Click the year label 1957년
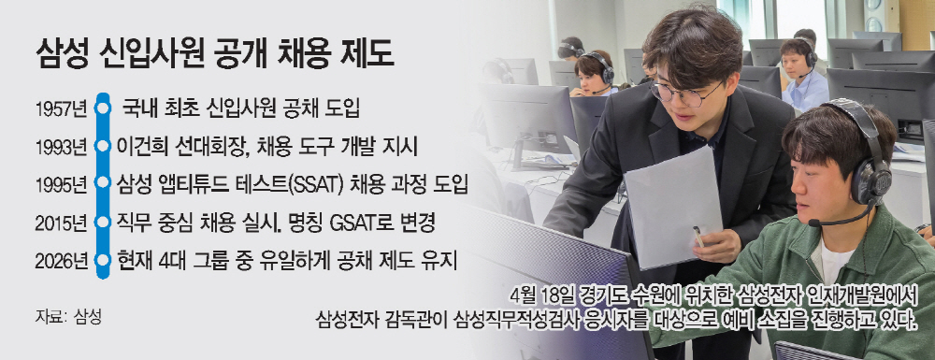pyautogui.click(x=62, y=109)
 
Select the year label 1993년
pyautogui.click(x=62, y=147)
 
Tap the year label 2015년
pyautogui.click(x=62, y=223)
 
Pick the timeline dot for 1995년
pyautogui.click(x=103, y=183)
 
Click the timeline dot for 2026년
pyautogui.click(x=103, y=261)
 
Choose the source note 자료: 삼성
pyautogui.click(x=68, y=316)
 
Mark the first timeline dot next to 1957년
pyautogui.click(x=103, y=108)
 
